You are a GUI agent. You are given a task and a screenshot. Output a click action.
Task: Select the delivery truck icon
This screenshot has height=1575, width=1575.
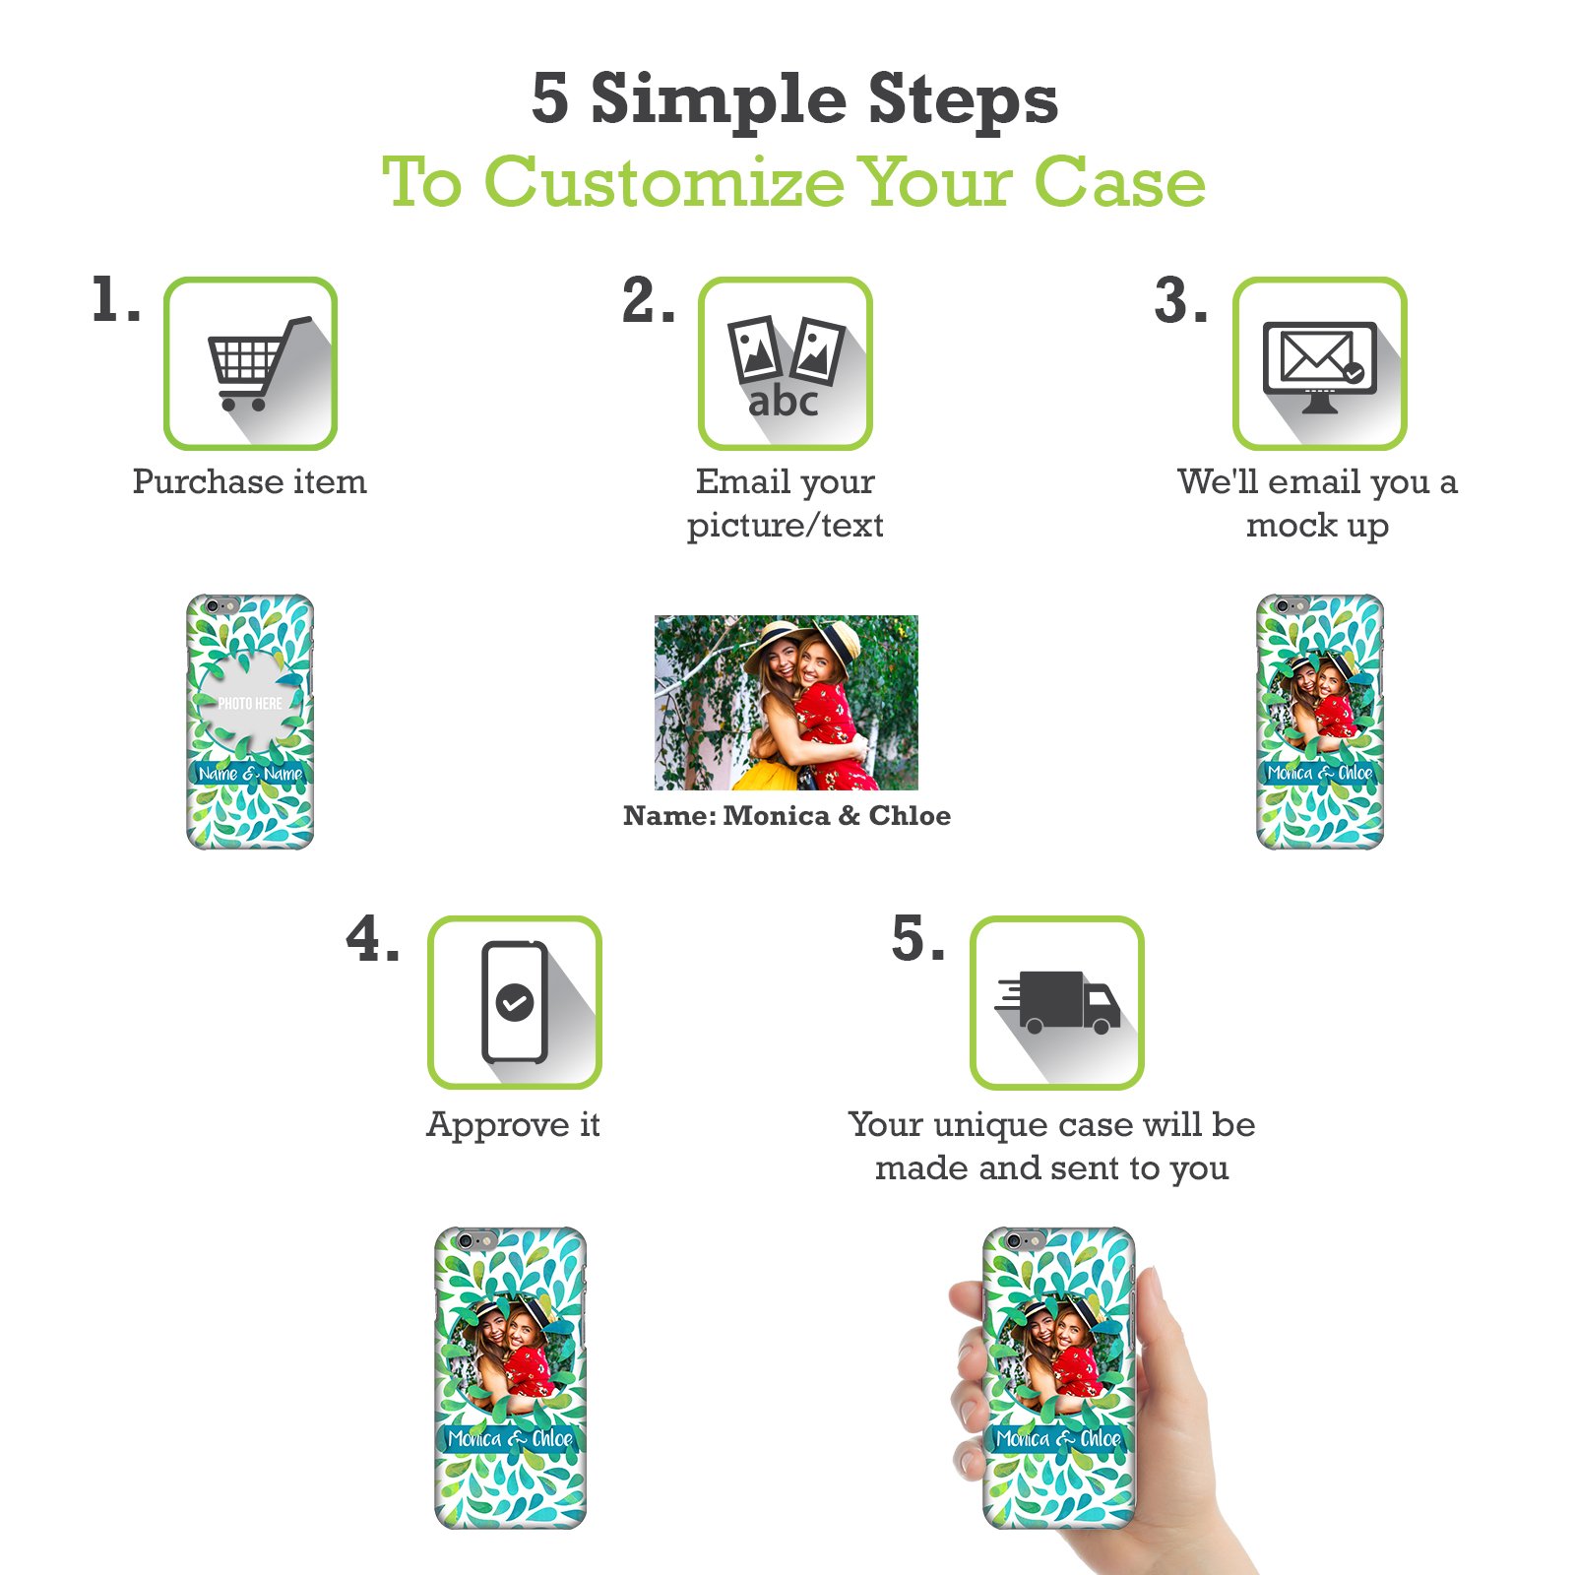coord(1058,1002)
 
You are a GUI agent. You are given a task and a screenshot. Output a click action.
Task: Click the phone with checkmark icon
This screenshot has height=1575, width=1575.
coord(514,1002)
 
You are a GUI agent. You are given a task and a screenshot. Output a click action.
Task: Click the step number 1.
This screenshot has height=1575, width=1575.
coord(115,299)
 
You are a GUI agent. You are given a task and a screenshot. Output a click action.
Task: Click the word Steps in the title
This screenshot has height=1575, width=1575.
coord(962,100)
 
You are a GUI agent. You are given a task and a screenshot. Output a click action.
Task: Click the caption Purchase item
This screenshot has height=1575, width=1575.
coord(249,481)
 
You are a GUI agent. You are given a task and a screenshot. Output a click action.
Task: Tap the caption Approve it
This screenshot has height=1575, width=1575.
coord(513,1125)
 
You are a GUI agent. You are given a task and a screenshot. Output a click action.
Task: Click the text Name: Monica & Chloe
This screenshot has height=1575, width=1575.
coord(787,815)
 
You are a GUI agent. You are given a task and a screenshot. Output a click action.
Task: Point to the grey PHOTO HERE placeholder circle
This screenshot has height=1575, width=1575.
coord(249,702)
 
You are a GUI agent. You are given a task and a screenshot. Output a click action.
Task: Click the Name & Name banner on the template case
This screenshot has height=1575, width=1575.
coord(250,774)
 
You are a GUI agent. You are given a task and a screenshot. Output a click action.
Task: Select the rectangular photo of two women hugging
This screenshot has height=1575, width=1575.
coord(787,703)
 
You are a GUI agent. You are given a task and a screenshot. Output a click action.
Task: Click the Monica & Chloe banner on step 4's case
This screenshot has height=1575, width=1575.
coord(510,1439)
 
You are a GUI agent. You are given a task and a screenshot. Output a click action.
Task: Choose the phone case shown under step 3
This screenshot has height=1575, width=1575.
coord(1320,722)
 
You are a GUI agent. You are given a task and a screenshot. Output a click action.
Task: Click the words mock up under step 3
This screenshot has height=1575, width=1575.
coord(1317,526)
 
